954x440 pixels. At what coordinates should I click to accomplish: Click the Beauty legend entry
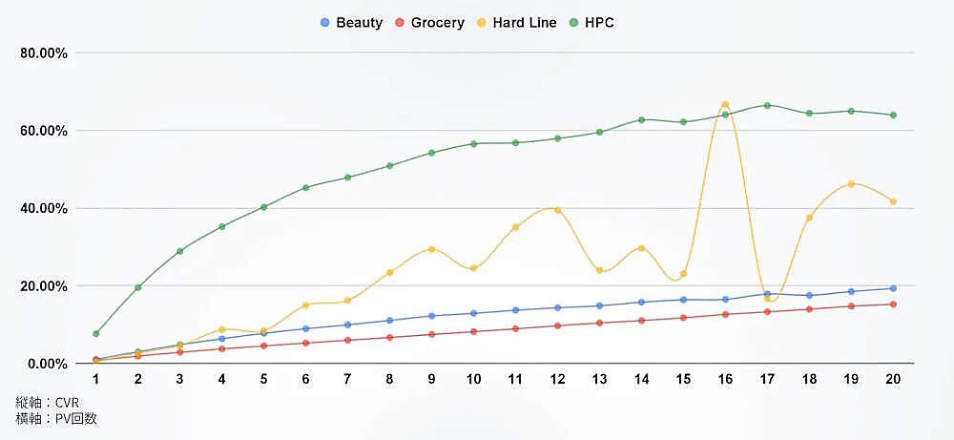(352, 22)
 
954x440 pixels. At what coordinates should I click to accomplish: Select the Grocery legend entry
(430, 22)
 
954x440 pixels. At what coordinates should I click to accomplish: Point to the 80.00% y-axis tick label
(44, 53)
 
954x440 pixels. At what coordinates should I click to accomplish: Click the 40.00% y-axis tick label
(44, 208)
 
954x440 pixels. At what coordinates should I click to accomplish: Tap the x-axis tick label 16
(725, 379)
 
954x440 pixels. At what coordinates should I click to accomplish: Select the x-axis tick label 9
(431, 379)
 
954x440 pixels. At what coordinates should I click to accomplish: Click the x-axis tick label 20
(893, 379)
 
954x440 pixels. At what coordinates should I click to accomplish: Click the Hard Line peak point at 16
(725, 104)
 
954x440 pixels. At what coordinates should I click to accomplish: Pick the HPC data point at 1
(96, 334)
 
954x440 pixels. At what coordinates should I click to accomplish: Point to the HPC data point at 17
(767, 106)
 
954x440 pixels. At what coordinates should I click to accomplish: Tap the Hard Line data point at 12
(557, 210)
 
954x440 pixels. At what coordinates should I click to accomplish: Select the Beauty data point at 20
(893, 288)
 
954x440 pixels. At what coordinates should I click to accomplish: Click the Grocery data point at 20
(893, 304)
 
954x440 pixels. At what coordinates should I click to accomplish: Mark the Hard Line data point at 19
(851, 184)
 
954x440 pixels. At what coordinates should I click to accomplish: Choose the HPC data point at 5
(264, 207)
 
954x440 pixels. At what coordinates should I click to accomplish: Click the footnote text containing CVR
(47, 402)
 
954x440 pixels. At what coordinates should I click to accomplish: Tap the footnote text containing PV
(56, 418)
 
